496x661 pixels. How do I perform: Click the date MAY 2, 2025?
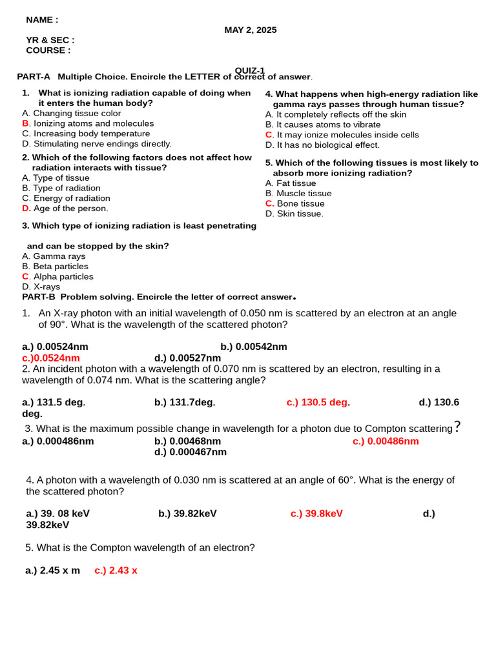(250, 30)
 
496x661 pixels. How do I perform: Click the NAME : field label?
(42, 20)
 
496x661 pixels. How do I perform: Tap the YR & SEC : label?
(50, 40)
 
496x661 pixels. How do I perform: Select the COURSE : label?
(48, 50)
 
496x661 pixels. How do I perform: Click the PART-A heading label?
(34, 77)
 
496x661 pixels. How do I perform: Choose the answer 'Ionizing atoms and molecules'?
(93, 123)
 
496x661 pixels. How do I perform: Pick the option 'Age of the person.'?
(70, 208)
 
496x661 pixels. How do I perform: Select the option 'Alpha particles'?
(63, 277)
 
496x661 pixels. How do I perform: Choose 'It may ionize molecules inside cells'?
(347, 135)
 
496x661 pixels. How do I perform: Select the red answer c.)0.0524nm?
(51, 358)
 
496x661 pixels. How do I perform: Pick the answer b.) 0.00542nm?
(254, 347)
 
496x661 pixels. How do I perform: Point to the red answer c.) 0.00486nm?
(386, 442)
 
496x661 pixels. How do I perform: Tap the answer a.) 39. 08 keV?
(57, 514)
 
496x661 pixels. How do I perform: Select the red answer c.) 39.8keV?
(316, 514)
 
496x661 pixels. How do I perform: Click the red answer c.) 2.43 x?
(116, 571)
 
